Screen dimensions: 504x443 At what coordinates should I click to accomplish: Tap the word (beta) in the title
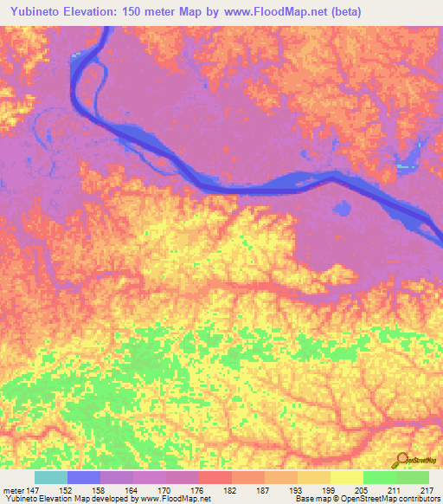coord(342,11)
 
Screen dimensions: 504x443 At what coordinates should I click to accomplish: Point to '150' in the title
coord(144,11)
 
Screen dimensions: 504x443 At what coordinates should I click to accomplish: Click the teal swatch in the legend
coord(51,477)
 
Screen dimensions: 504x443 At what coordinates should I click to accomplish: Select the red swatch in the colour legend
coord(215,477)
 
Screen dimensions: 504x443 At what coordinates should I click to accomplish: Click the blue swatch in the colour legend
coord(84,477)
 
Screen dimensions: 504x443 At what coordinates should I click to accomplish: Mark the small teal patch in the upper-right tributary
coord(402,165)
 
